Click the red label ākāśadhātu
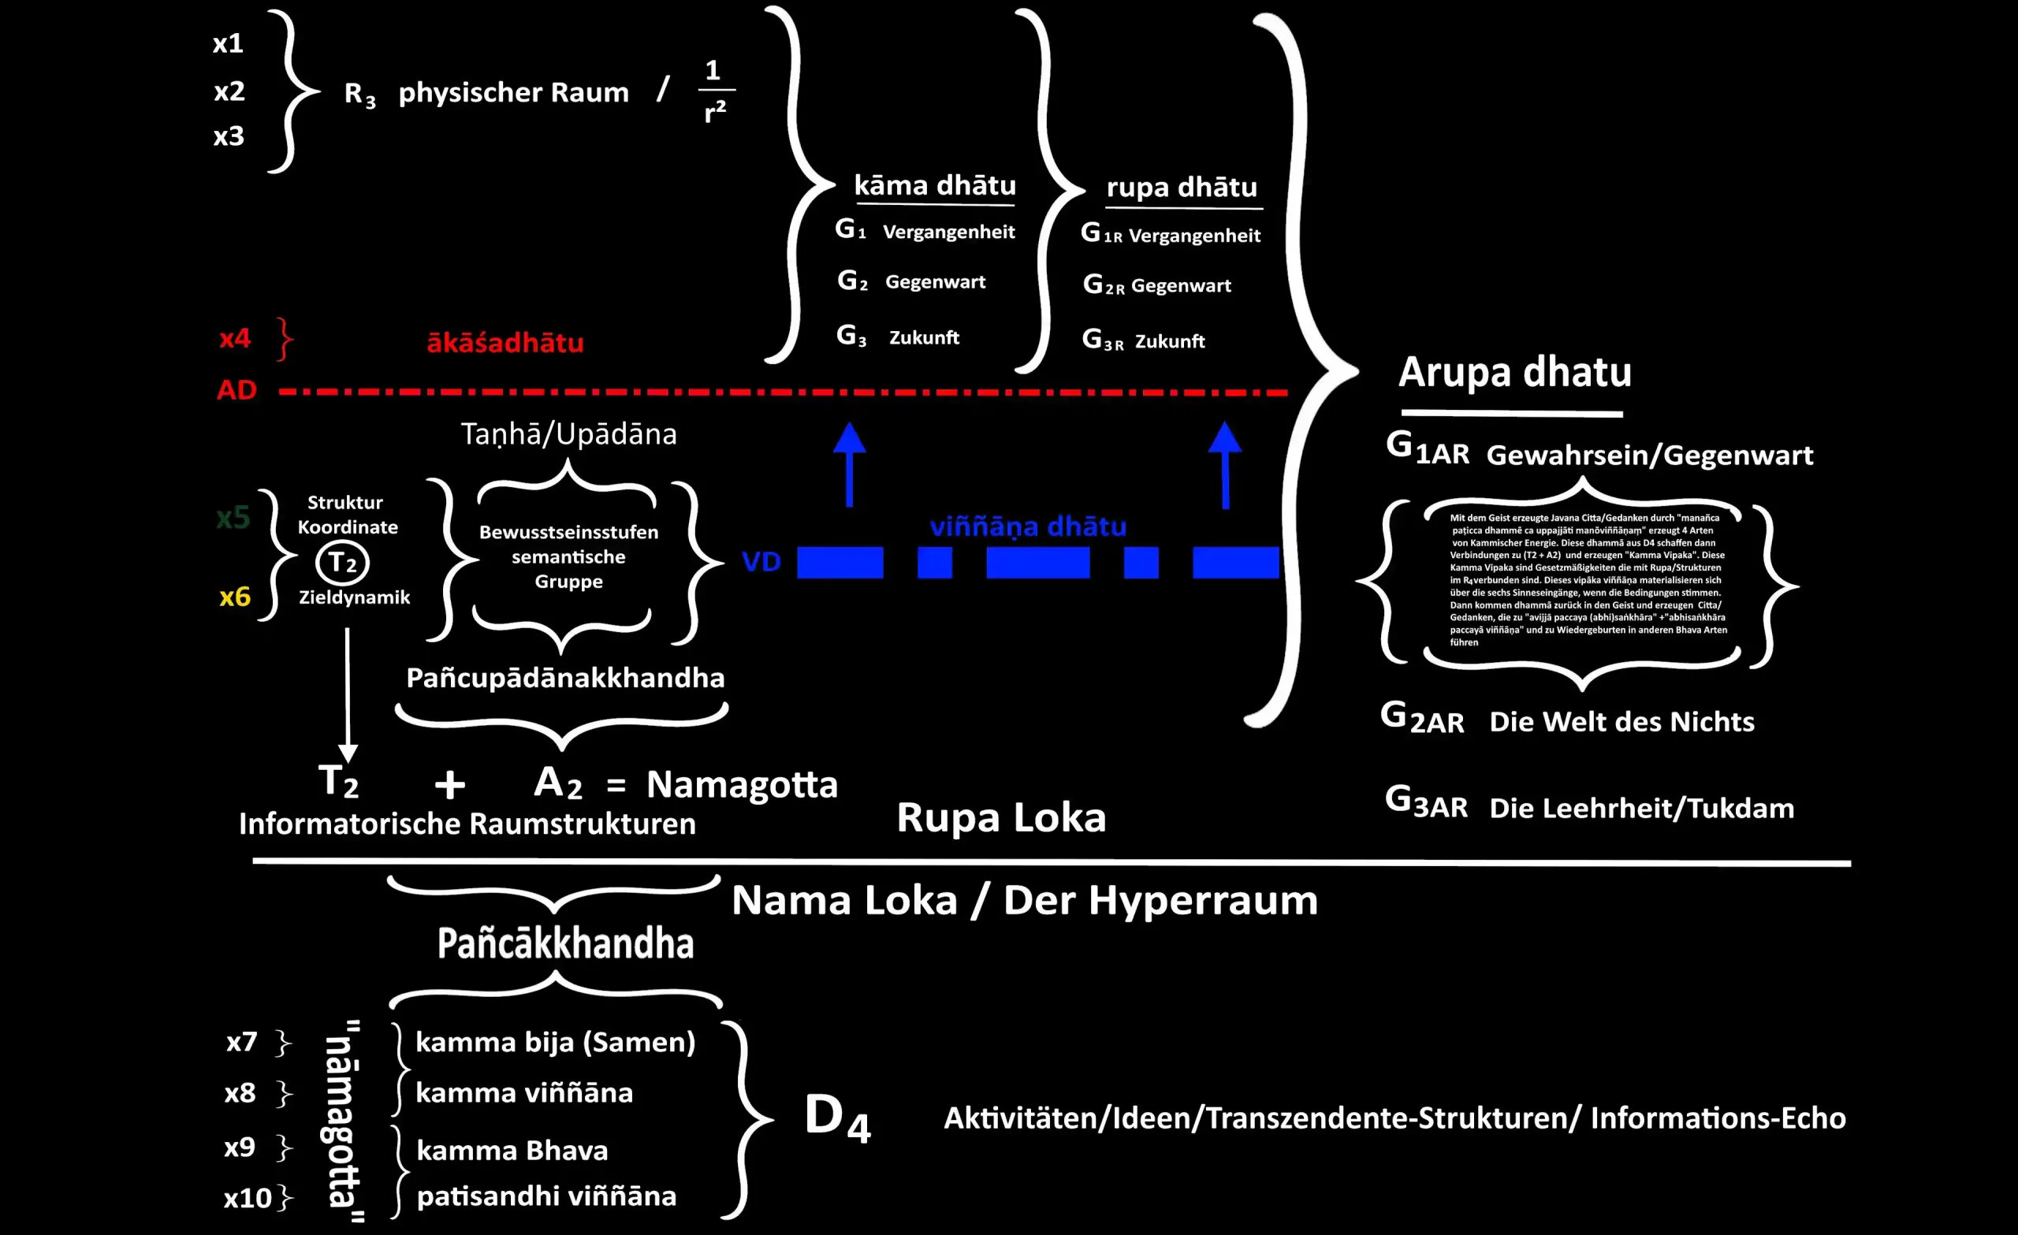pyautogui.click(x=504, y=342)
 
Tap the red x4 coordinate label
pyautogui.click(x=235, y=337)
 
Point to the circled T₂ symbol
pyautogui.click(x=342, y=563)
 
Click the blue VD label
pyautogui.click(x=761, y=562)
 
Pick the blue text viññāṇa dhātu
pyautogui.click(x=1028, y=526)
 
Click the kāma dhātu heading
pyautogui.click(x=934, y=185)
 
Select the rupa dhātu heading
pyautogui.click(x=1181, y=188)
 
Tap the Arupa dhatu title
pyautogui.click(x=1514, y=373)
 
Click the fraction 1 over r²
pyautogui.click(x=715, y=91)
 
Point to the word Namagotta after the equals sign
pyautogui.click(x=742, y=784)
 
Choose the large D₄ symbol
pyautogui.click(x=837, y=1117)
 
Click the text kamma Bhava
pyautogui.click(x=512, y=1151)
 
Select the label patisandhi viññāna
pyautogui.click(x=546, y=1196)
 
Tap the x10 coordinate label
pyautogui.click(x=248, y=1198)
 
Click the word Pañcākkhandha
pyautogui.click(x=565, y=943)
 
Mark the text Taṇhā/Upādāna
pyautogui.click(x=568, y=434)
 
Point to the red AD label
pyautogui.click(x=236, y=390)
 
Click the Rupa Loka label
pyautogui.click(x=1001, y=817)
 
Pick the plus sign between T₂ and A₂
pyautogui.click(x=449, y=784)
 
